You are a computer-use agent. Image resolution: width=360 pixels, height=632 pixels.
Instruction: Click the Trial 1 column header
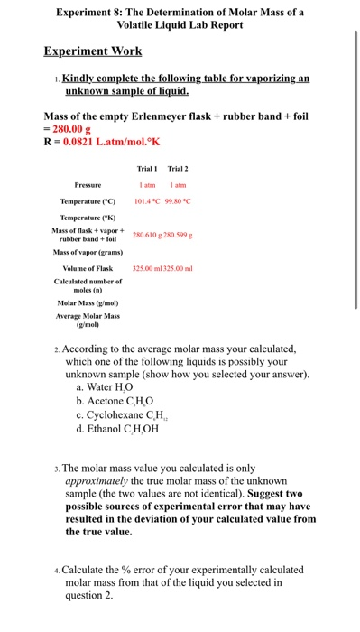(147, 168)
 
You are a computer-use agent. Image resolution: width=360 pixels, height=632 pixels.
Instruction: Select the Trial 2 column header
(177, 168)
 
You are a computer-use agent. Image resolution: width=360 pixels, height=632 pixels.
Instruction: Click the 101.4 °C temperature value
(149, 201)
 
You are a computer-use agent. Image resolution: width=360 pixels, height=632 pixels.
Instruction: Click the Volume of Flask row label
(88, 268)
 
